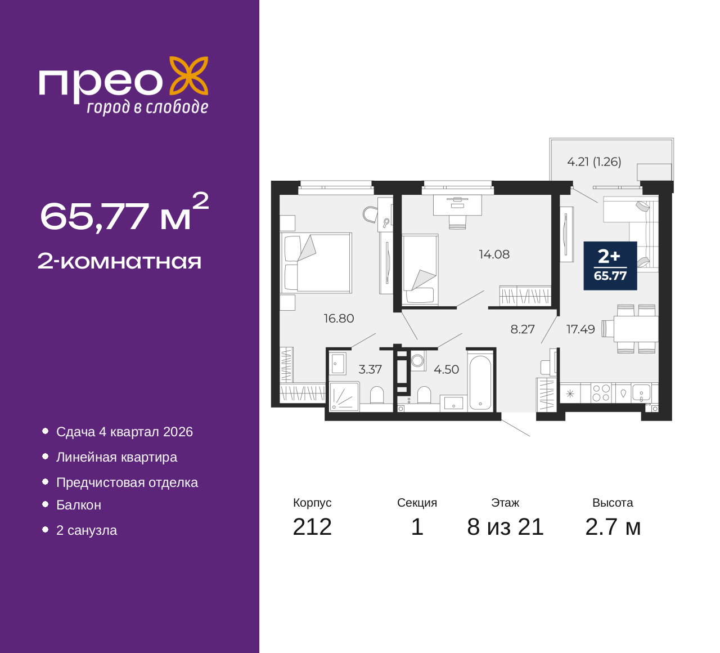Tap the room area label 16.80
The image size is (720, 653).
coord(339,319)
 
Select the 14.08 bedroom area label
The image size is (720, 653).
coord(494,254)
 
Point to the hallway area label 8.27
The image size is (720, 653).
coord(522,329)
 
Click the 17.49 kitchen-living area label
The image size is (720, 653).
coord(580,329)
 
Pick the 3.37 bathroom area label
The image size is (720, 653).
coord(370,370)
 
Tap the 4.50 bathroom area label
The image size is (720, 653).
coord(446,370)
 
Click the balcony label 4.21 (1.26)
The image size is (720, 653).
coord(594,162)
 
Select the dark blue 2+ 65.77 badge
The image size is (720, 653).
coord(610,266)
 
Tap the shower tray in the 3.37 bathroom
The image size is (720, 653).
coord(344,396)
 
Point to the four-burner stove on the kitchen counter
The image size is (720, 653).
coord(601,393)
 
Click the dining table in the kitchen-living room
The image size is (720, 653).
coord(636,329)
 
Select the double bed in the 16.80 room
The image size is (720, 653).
coord(316,262)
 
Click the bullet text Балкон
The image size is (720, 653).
coord(79,506)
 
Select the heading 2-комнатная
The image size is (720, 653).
coord(119,262)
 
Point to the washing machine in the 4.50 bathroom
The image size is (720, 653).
coord(417,360)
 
